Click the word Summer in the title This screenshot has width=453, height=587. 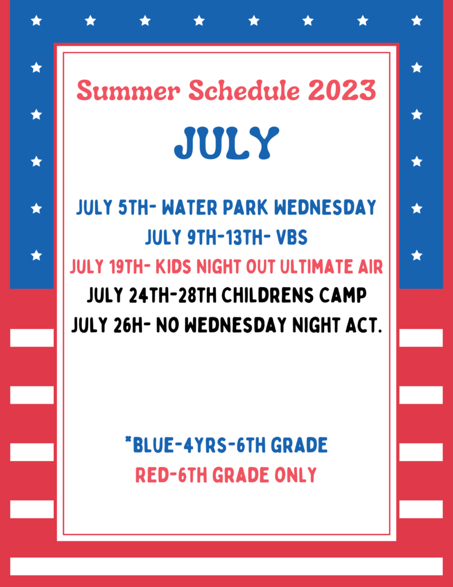pos(128,90)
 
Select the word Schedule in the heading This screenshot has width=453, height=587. pos(244,90)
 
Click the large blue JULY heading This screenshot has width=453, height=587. pos(227,143)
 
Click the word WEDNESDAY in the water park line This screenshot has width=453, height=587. pos(325,208)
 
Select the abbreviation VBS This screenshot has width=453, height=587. pos(292,237)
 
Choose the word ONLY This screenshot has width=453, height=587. pos(296,475)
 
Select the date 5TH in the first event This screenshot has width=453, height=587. pos(133,208)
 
